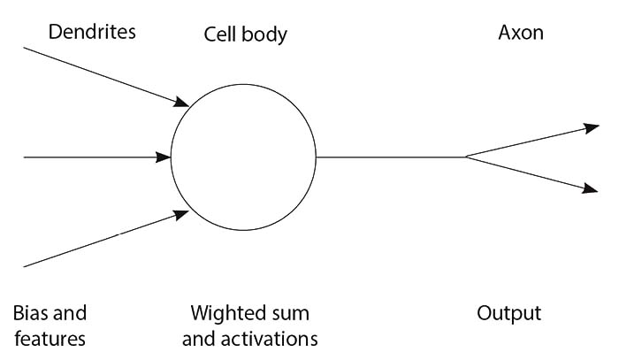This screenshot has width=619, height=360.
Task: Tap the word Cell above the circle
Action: click(220, 34)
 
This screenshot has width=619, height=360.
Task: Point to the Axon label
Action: click(520, 33)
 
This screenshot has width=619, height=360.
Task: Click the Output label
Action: click(508, 314)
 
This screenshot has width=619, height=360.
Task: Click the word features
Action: click(50, 338)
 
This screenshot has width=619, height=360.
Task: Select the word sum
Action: click(294, 314)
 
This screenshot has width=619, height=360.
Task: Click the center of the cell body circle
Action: click(243, 157)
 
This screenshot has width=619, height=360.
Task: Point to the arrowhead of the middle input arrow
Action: click(164, 157)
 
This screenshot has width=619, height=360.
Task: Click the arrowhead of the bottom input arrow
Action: click(182, 213)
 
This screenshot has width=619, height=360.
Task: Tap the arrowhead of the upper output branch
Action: click(593, 128)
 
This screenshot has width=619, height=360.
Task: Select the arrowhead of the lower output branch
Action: click(593, 188)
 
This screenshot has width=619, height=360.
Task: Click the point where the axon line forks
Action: click(466, 157)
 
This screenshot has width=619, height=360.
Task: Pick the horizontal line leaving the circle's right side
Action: click(389, 157)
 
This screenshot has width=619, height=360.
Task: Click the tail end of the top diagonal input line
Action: click(25, 48)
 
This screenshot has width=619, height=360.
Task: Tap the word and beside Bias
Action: click(70, 313)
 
